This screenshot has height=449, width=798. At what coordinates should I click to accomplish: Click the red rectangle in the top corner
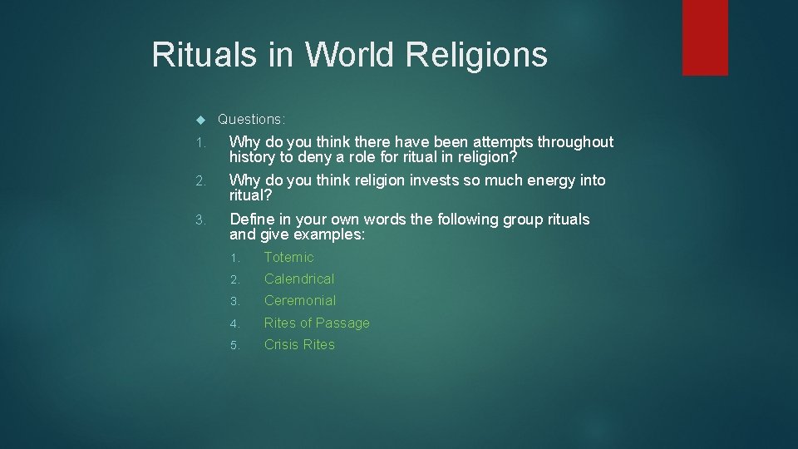[705, 37]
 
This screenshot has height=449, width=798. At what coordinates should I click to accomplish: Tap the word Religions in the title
[477, 56]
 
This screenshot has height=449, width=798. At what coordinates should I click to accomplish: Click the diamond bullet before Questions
[199, 120]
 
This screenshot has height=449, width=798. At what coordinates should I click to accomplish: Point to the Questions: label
[251, 119]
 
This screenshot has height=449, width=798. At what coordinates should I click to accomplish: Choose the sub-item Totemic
[288, 258]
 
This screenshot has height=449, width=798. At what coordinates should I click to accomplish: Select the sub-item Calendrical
[299, 279]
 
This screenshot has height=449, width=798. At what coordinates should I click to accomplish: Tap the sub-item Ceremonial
[300, 301]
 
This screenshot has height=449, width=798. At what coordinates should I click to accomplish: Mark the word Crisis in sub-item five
[280, 345]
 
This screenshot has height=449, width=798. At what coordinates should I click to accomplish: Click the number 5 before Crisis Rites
[234, 345]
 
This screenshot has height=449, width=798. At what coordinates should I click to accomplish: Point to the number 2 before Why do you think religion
[199, 181]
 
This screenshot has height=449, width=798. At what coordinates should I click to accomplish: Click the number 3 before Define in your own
[199, 220]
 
